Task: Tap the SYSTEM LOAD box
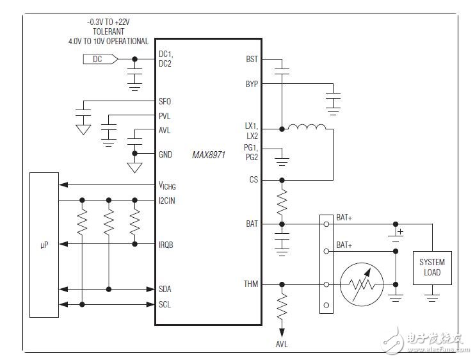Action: coord(431,267)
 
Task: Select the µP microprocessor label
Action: coord(44,245)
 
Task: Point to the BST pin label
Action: coord(252,59)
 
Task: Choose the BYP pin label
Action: coord(252,84)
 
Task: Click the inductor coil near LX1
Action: coord(307,129)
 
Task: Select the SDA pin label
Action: coord(166,289)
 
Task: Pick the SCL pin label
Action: coord(166,304)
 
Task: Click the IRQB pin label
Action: coord(167,245)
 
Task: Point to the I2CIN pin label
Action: coord(168,200)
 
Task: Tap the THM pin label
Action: coord(251,284)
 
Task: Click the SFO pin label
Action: coord(165,101)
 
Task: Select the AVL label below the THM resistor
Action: coord(282,345)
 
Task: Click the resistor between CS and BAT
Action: coord(282,202)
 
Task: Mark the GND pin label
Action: coord(166,154)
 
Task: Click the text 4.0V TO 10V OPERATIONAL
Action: coord(108,42)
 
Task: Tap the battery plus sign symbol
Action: coord(401,232)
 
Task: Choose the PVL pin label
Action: coord(165,116)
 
